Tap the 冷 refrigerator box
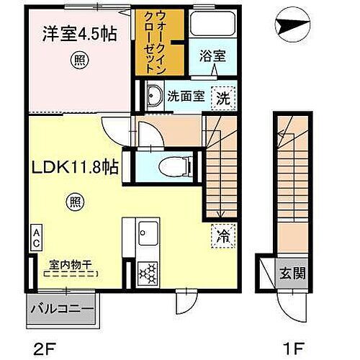[222, 235]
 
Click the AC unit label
[35, 238]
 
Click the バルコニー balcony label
[62, 312]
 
